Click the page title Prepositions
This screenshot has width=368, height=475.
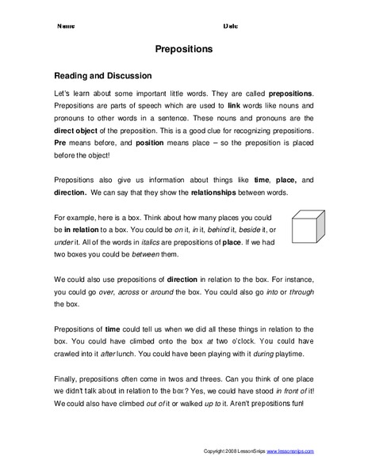click(x=183, y=49)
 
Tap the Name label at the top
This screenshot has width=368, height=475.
click(x=67, y=26)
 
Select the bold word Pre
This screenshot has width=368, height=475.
click(x=60, y=142)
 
